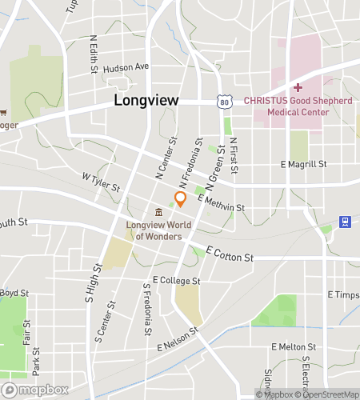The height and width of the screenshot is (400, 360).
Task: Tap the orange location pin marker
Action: (x=181, y=199)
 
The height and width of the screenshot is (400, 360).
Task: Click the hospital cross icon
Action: (x=298, y=87)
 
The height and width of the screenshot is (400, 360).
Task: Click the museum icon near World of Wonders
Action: (x=159, y=212)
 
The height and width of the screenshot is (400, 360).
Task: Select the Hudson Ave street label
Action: (x=126, y=66)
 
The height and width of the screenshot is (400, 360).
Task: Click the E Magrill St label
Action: (x=304, y=164)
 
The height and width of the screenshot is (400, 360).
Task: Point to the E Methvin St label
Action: (x=221, y=203)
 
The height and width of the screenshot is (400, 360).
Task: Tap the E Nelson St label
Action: (x=177, y=340)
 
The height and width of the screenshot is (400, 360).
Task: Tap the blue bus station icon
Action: (x=345, y=222)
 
